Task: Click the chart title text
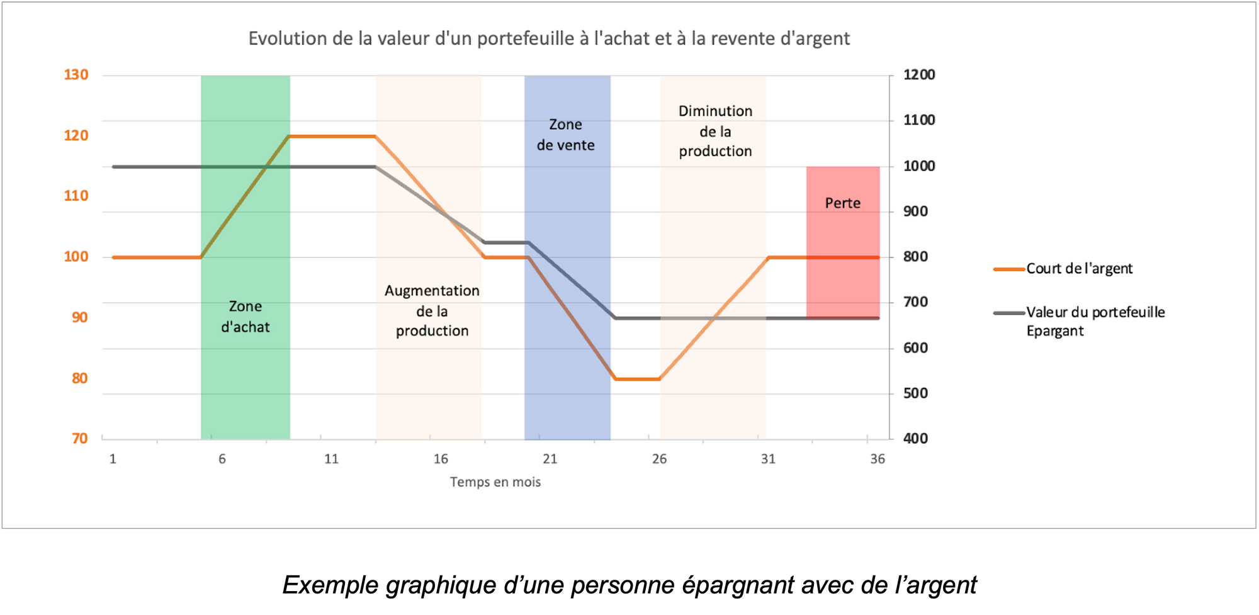pos(549,38)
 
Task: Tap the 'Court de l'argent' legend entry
pos(1079,269)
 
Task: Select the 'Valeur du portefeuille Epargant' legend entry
pos(1095,321)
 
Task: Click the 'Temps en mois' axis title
pos(495,482)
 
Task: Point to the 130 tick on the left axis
pos(76,75)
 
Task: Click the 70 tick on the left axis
pos(80,439)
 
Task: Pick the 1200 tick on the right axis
pos(919,75)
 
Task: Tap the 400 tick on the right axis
pos(915,439)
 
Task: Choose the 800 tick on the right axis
pos(915,257)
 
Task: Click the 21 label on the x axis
pos(550,459)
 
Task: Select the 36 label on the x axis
pos(878,459)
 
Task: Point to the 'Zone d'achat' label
pos(246,317)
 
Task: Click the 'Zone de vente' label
pos(565,135)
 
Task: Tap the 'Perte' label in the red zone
pos(843,203)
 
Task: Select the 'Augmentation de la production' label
pos(432,311)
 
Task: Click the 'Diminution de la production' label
pos(715,131)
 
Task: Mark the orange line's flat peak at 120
pos(332,136)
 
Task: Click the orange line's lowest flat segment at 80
pos(638,379)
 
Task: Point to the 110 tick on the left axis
pos(76,196)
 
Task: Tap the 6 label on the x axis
pos(222,459)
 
